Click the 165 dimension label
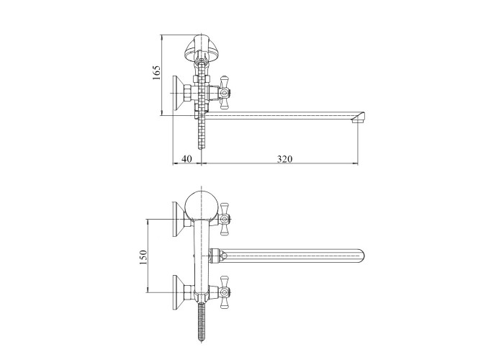(x=156, y=73)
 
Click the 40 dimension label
(x=186, y=159)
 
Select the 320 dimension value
(x=285, y=159)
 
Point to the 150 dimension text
(x=143, y=257)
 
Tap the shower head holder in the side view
(x=200, y=48)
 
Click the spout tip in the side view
(x=359, y=117)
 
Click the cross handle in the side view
(x=225, y=94)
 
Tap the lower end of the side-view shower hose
(x=201, y=147)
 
